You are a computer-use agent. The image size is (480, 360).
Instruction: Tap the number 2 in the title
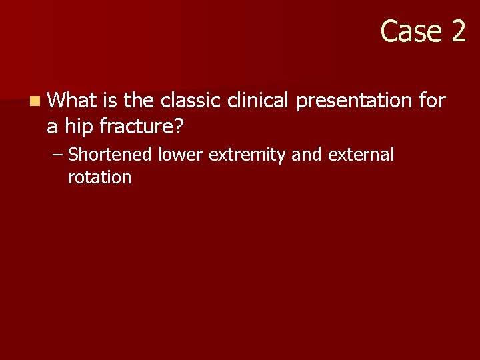(x=457, y=31)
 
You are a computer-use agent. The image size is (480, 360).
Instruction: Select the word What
(x=73, y=101)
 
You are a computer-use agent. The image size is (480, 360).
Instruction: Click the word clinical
(x=259, y=101)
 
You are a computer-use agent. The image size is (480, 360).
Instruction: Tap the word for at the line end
(x=432, y=101)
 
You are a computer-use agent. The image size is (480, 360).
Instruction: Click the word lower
(x=181, y=155)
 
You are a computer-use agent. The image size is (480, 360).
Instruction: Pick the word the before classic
(x=139, y=101)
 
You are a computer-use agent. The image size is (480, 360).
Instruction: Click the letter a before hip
(x=53, y=125)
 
